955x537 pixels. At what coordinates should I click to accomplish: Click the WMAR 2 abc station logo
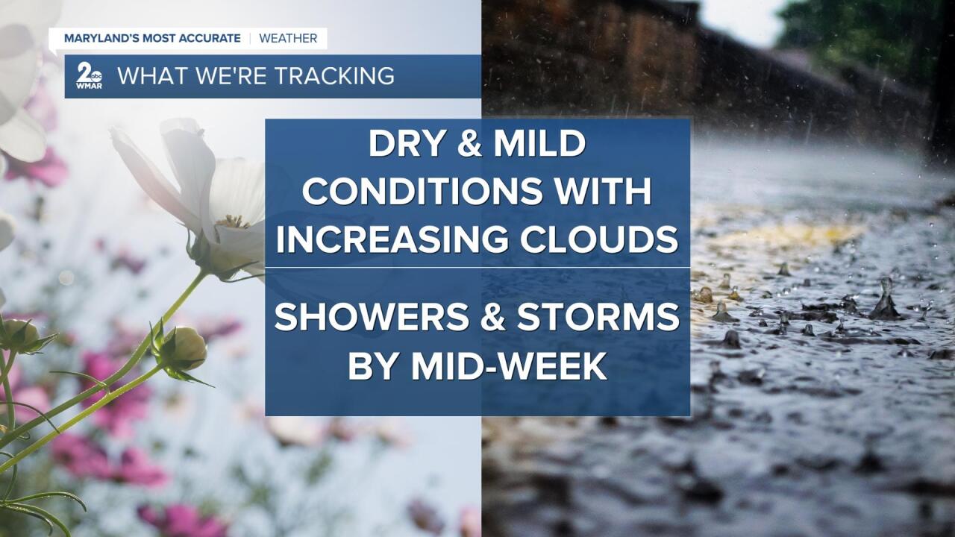[x=89, y=75]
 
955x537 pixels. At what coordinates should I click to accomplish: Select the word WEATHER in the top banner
[x=288, y=38]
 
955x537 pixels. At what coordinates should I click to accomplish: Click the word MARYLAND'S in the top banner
[x=101, y=38]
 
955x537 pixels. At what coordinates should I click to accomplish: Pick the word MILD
[x=539, y=143]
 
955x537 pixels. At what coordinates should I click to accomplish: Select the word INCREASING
[x=392, y=239]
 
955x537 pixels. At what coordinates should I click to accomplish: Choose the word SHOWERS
[x=372, y=317]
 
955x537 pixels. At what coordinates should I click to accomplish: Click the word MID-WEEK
[x=509, y=365]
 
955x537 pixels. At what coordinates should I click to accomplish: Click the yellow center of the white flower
[x=233, y=222]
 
